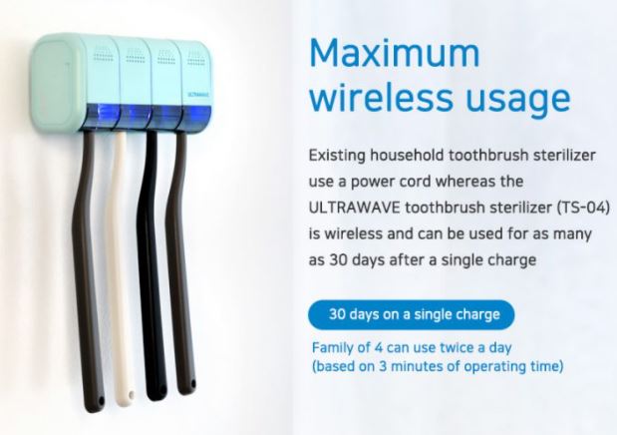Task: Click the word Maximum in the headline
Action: tap(395, 53)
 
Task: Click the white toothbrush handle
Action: tap(123, 268)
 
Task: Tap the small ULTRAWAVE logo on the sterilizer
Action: tap(198, 94)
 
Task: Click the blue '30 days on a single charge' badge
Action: tap(412, 314)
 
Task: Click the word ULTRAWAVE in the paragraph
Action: tap(354, 208)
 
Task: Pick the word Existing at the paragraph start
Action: tap(337, 156)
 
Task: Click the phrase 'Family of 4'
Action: tap(347, 347)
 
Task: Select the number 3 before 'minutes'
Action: tap(383, 366)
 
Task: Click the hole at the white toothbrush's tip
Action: tap(131, 395)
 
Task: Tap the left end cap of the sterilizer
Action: tap(57, 84)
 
